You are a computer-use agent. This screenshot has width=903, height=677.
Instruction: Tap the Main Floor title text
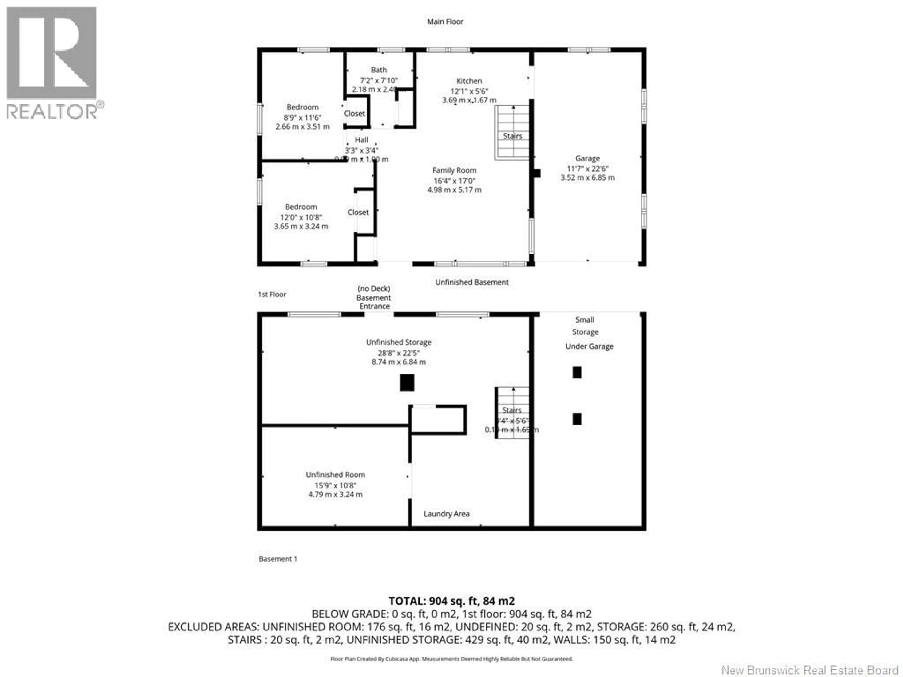coord(445,22)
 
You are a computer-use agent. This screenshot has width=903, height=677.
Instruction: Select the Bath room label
coord(378,70)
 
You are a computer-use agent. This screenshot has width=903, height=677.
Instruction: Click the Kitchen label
coord(469,81)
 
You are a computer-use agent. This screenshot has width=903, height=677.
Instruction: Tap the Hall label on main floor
coord(361,140)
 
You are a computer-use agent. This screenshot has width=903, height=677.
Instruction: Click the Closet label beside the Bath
coord(354,114)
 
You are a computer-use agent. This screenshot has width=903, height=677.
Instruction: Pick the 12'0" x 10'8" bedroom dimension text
coord(301,217)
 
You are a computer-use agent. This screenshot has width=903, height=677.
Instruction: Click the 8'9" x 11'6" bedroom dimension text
coord(302,118)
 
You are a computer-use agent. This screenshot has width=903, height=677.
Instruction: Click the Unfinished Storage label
coord(398,342)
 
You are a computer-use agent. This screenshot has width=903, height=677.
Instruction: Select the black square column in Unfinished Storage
coord(407,383)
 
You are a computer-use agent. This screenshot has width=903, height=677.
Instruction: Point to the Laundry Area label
coord(446,514)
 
